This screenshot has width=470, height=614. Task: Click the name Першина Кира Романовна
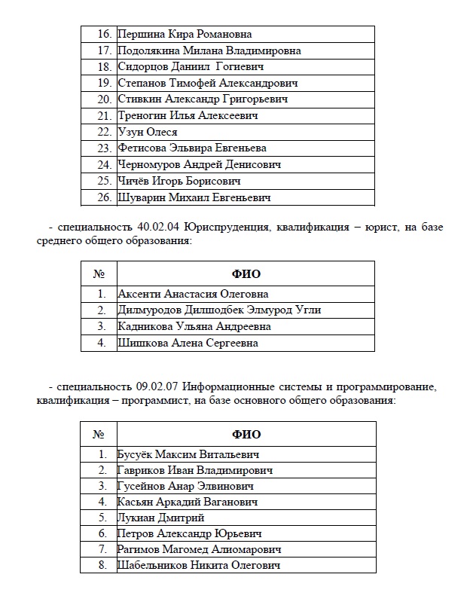tap(185, 34)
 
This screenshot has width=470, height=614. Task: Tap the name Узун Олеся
tap(148, 133)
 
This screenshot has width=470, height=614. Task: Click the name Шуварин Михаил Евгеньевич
tap(194, 198)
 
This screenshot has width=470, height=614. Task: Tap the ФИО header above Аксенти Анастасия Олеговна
tap(246, 273)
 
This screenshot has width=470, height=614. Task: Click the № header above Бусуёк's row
tap(98, 434)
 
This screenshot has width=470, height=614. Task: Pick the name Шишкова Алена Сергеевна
tap(188, 344)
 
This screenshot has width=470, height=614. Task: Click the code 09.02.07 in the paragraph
tap(157, 386)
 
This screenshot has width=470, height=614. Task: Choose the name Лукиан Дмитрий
tap(161, 518)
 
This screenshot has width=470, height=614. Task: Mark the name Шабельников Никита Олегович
tap(199, 565)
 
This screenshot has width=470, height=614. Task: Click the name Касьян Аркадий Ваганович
tap(188, 503)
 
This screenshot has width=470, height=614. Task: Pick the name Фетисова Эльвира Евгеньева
tap(192, 148)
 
